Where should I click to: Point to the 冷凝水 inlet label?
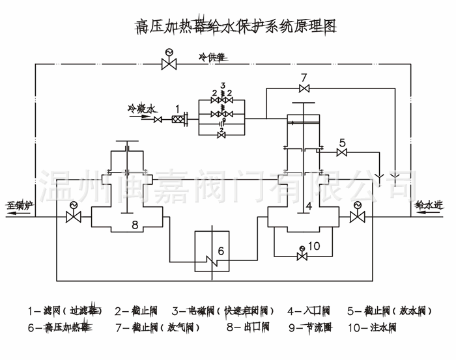tap(142, 108)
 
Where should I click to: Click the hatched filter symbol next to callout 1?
tap(177, 119)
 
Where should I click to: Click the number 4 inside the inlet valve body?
tap(309, 206)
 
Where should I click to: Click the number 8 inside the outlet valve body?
tap(135, 225)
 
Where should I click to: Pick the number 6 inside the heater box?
tap(220, 251)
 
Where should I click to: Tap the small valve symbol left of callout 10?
tap(301, 255)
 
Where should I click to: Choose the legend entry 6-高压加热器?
tap(59, 327)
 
